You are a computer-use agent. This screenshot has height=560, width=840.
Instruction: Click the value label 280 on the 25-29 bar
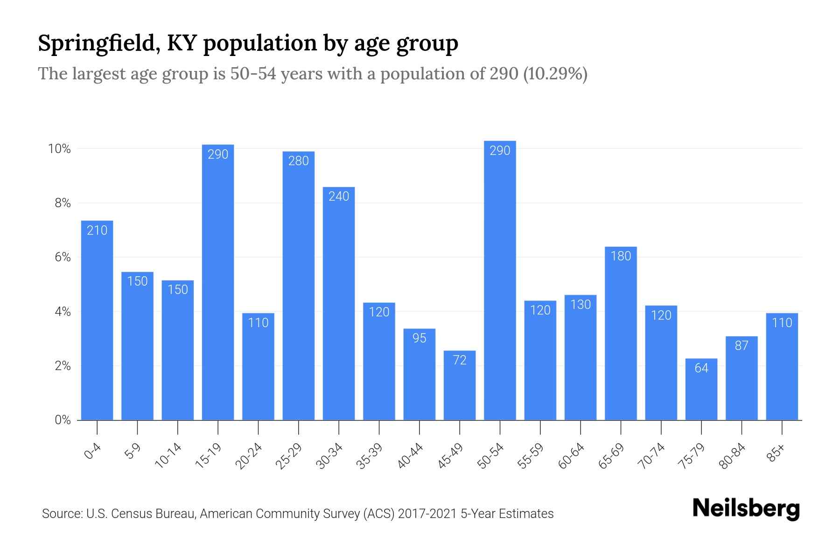(299, 161)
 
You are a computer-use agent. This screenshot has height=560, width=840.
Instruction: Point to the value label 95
(420, 338)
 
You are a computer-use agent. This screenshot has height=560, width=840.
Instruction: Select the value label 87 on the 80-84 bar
(742, 346)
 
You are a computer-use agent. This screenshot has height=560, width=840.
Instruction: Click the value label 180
(621, 256)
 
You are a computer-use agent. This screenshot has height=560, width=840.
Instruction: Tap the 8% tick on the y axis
(63, 203)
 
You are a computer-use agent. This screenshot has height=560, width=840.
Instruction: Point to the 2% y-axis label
(63, 366)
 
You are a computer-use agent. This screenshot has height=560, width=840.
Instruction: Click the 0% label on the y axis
(63, 420)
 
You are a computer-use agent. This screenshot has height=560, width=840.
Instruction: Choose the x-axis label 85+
(776, 453)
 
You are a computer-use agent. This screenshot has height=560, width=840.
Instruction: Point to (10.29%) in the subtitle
(555, 74)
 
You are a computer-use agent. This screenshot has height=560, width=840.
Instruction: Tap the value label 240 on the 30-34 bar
(339, 196)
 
